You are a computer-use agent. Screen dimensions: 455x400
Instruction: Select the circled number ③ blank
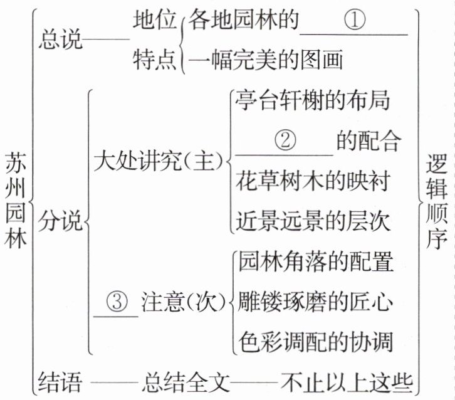[117, 303]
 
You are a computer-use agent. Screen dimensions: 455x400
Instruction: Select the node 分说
[61, 221]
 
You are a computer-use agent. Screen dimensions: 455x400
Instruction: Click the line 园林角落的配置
[315, 262]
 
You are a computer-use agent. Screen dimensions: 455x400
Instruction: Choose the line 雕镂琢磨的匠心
[315, 303]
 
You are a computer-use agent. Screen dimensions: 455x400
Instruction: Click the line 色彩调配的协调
[315, 342]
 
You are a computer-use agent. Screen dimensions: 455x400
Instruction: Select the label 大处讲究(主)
[158, 162]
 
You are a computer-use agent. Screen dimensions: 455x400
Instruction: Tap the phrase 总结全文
[187, 381]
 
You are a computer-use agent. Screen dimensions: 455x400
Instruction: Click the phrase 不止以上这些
[346, 381]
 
